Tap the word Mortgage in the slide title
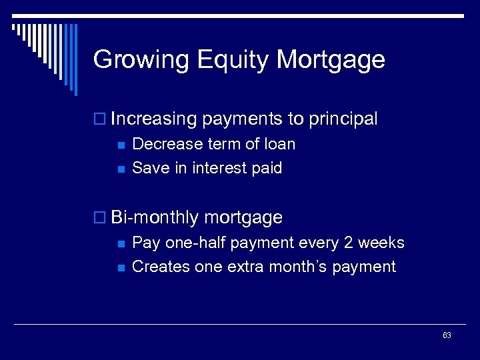[x=331, y=60]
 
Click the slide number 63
[x=447, y=335]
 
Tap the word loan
[x=279, y=144]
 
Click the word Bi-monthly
[x=155, y=217]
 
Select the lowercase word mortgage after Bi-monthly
[x=243, y=218]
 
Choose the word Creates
[x=161, y=267]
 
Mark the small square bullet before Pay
[x=120, y=244]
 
